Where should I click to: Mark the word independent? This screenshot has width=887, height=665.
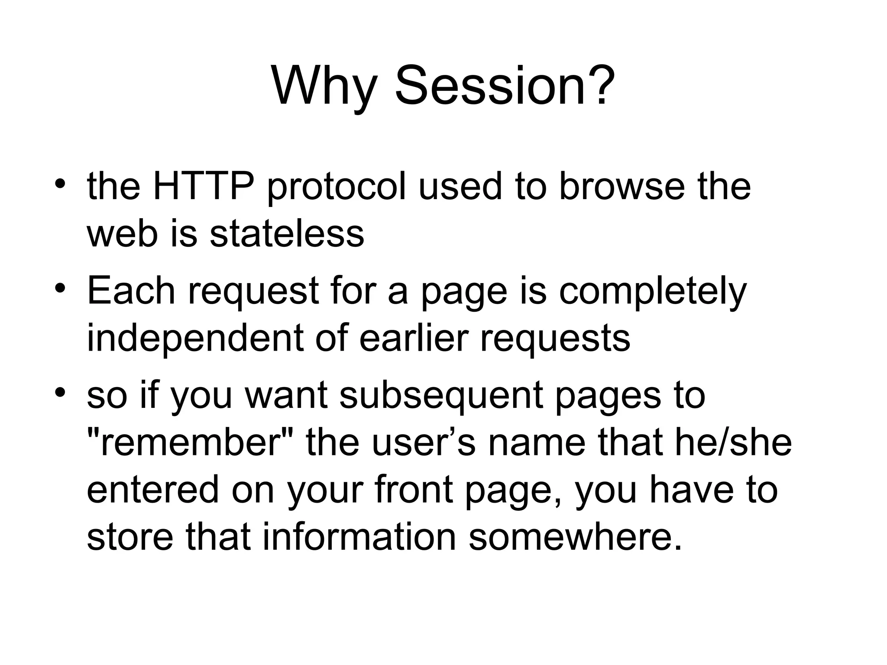pos(194,338)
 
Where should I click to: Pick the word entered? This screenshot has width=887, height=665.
pos(153,490)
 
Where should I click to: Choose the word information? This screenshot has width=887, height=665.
pos(359,537)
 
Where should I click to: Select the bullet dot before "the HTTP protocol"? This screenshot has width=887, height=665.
pos(60,184)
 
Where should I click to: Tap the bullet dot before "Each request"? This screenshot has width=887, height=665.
pos(60,287)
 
